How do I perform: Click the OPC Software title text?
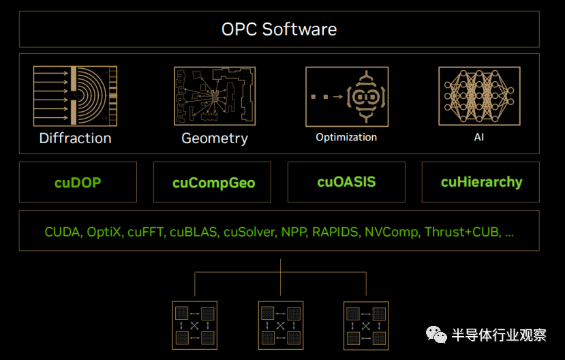tap(279, 29)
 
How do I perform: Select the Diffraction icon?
tap(75, 95)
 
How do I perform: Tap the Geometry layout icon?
tap(214, 95)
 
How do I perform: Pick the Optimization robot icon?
tap(347, 95)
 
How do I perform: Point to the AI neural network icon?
tap(480, 95)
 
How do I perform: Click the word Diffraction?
tap(75, 138)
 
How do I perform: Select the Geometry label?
tap(214, 138)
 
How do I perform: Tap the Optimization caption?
tap(346, 137)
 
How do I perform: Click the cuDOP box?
tap(78, 182)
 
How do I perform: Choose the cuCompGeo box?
tap(213, 182)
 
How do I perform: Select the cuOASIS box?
tap(346, 182)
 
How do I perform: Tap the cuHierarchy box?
tap(481, 182)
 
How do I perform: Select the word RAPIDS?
tap(335, 232)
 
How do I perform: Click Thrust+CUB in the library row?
tap(462, 232)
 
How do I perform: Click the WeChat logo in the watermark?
tap(437, 334)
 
